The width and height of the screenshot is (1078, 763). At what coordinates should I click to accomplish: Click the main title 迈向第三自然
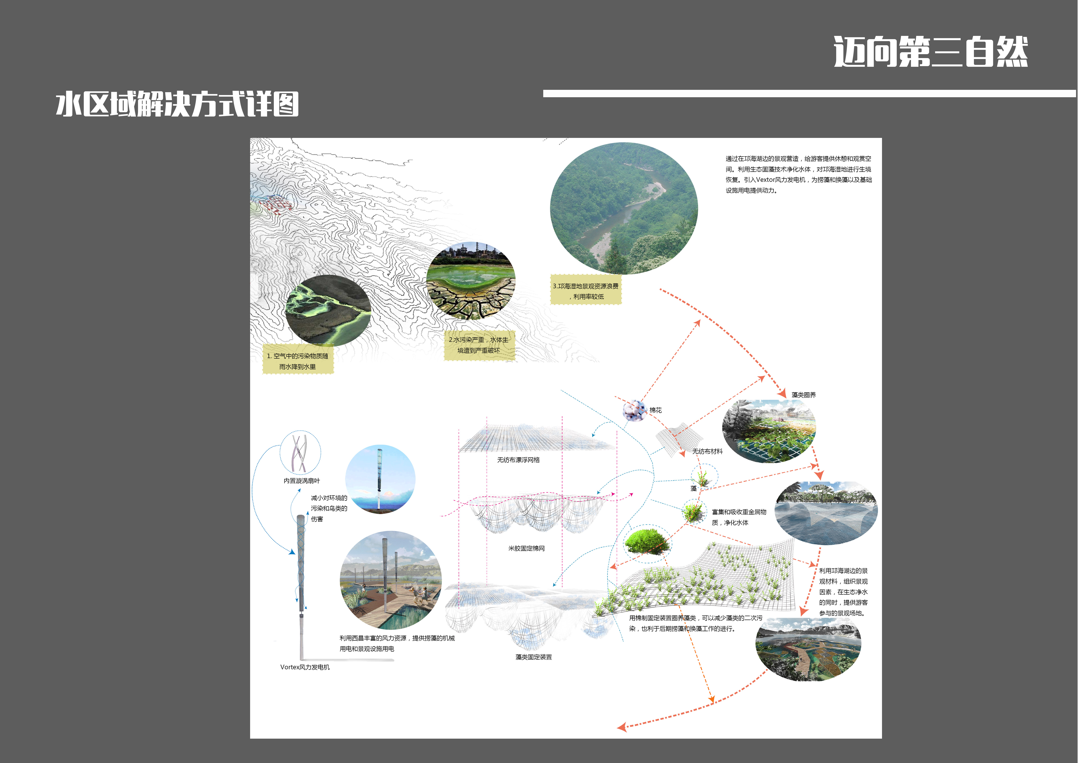click(931, 52)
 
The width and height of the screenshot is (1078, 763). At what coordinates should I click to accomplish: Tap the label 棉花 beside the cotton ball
click(655, 410)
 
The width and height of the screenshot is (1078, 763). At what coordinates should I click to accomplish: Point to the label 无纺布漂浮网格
click(518, 460)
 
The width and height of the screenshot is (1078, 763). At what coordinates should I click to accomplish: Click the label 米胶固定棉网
click(526, 548)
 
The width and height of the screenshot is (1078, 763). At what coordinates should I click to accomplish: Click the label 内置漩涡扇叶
click(301, 481)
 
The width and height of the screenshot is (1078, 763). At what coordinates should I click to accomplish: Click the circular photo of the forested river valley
click(624, 208)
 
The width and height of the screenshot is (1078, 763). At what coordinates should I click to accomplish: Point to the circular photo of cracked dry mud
click(471, 281)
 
